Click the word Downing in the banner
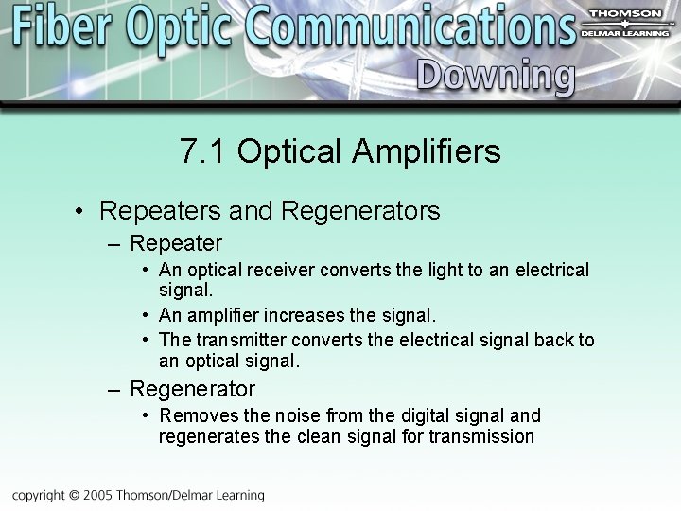(496, 75)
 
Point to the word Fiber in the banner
(63, 27)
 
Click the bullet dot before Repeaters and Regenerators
(82, 211)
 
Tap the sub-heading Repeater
(176, 243)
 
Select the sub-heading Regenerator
(192, 389)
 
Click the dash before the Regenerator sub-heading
(114, 390)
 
